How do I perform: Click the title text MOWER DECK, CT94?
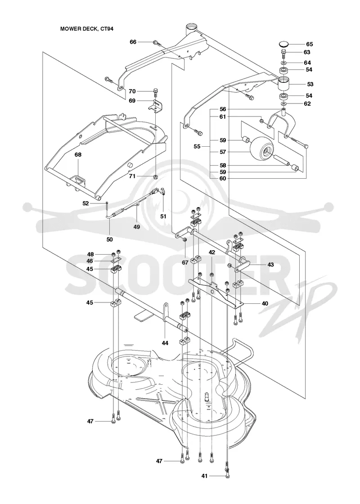point(87,29)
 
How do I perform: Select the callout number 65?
point(309,45)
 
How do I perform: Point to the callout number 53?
point(310,84)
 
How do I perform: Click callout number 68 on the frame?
point(78,155)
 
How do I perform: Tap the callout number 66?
point(133,42)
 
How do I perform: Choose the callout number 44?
point(165,343)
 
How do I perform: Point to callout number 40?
point(265,303)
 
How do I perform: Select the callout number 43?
point(270,265)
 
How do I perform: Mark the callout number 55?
point(197,146)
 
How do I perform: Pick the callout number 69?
point(132,101)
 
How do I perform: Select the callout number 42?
point(211,252)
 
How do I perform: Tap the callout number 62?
point(307,103)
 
